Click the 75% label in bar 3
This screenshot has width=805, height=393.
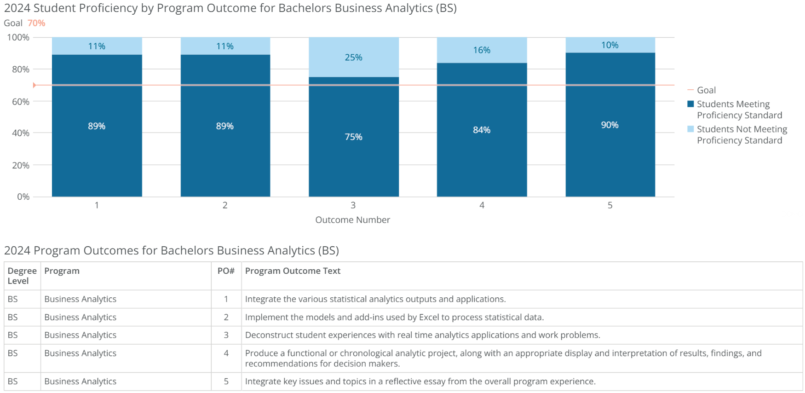(353, 137)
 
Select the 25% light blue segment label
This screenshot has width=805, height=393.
(353, 58)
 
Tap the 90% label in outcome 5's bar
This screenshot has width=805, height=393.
(609, 125)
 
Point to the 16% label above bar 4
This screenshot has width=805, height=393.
(482, 50)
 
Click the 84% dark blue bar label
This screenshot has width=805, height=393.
(482, 130)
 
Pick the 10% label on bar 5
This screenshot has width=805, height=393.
(609, 45)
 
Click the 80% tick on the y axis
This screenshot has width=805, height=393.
(20, 69)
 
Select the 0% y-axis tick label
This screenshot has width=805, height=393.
(23, 197)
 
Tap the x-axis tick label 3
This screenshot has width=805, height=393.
(353, 205)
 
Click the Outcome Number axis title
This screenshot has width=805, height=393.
(352, 220)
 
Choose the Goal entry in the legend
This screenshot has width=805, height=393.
(706, 90)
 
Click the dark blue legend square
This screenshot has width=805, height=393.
(690, 104)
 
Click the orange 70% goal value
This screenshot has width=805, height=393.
(36, 23)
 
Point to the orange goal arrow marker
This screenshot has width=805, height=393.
(34, 85)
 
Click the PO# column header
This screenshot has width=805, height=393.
(226, 271)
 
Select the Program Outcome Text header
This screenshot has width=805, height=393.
(293, 271)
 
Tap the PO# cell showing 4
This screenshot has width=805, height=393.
(226, 353)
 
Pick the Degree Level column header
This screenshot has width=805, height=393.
(22, 276)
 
